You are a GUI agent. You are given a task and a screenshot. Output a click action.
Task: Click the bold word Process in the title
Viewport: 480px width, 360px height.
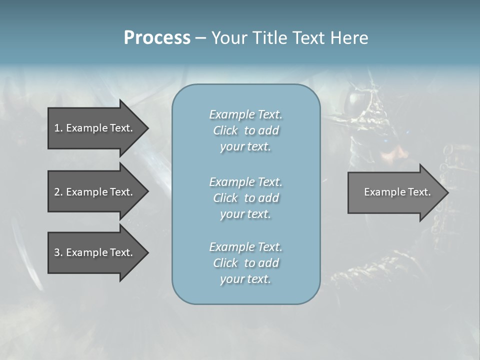click(x=157, y=38)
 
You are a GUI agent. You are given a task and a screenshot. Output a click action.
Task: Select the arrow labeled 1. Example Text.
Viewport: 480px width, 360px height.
click(x=93, y=128)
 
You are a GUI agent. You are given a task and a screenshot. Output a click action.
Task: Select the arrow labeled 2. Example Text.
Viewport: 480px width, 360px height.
click(x=93, y=192)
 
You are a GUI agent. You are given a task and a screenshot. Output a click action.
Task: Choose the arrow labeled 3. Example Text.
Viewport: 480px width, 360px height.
click(x=93, y=252)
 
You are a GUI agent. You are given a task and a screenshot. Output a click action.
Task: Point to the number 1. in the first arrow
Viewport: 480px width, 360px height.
click(x=58, y=128)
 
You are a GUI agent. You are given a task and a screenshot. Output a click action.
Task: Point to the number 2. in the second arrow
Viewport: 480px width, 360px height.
click(x=58, y=192)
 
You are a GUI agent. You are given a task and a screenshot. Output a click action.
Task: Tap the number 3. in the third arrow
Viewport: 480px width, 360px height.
click(x=58, y=252)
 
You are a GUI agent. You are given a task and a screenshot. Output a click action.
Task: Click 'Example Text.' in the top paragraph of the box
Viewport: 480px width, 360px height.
click(x=245, y=114)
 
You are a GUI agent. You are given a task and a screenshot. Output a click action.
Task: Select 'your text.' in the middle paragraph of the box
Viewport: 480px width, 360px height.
click(x=245, y=214)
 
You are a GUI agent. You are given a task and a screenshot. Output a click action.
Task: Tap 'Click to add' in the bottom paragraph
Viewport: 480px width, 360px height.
click(x=245, y=263)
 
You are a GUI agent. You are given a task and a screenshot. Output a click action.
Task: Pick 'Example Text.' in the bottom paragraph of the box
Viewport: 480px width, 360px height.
click(x=245, y=247)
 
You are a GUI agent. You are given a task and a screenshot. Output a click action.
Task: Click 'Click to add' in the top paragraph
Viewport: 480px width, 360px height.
click(x=245, y=130)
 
